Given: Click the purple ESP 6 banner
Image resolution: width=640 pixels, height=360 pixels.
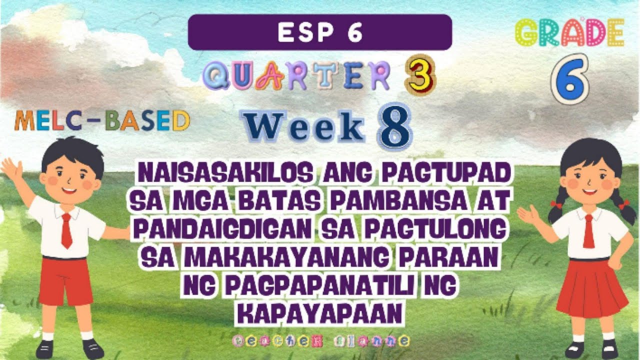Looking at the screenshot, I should click(320, 32).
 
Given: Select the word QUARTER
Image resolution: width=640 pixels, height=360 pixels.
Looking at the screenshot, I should click(296, 77).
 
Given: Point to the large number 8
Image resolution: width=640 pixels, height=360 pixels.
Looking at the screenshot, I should click(394, 127).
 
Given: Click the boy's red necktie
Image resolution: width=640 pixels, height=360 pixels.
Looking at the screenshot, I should click(66, 230).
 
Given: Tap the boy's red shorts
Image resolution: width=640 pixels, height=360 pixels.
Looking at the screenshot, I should click(65, 280).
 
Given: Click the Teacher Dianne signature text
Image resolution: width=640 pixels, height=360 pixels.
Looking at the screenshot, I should click(320, 341).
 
